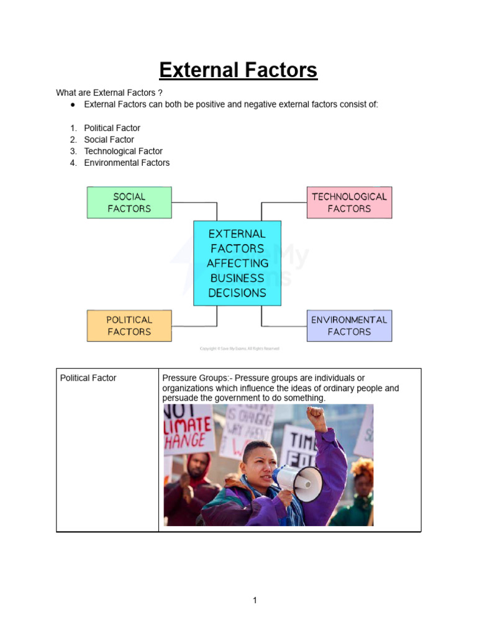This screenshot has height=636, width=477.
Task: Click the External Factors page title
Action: [238, 70]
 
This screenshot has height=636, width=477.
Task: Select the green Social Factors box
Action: [129, 202]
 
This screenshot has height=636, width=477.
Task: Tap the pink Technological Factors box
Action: [349, 202]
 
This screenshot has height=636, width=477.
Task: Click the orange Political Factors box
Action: [129, 325]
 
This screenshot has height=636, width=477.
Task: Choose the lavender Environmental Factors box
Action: [349, 325]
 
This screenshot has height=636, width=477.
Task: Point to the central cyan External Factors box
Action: [237, 263]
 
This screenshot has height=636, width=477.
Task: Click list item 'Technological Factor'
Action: [123, 151]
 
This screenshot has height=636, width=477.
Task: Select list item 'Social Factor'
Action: [109, 140]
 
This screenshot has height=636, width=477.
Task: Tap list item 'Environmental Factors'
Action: [127, 163]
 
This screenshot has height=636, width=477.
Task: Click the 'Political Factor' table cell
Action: [88, 378]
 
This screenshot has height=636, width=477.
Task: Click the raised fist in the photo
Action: [316, 417]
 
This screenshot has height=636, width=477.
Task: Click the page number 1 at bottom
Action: [255, 600]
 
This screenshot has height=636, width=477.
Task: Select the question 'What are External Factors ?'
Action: [109, 93]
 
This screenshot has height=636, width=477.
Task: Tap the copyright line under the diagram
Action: [240, 348]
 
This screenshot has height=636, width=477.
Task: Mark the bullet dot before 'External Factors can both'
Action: [73, 104]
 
